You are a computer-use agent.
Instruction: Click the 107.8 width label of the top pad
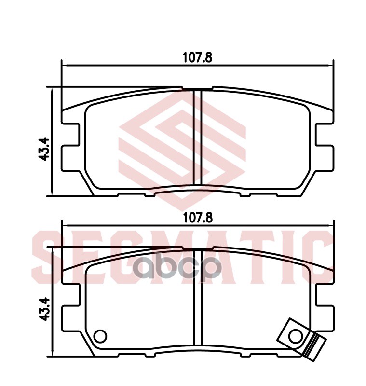pos(197,57)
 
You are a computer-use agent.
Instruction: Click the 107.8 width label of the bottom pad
pos(198,218)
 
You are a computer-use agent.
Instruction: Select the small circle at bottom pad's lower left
pos(100,336)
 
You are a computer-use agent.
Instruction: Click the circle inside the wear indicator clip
pos(296,336)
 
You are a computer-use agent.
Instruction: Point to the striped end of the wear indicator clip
pos(314,346)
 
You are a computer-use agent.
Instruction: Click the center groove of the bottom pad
pos(198,297)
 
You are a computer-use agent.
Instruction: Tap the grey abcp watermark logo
pos(177,269)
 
